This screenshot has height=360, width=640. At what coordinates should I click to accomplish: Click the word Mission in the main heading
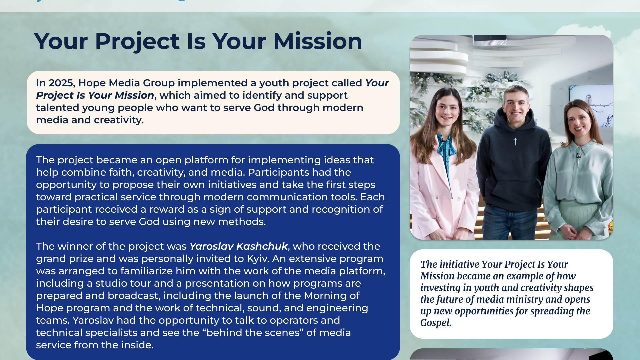(318, 41)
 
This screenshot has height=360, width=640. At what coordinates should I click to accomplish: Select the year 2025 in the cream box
(62, 83)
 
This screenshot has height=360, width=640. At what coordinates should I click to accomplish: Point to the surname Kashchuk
(262, 246)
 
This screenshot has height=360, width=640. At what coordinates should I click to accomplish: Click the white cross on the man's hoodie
(515, 142)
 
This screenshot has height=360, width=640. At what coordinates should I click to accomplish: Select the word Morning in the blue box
(326, 296)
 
